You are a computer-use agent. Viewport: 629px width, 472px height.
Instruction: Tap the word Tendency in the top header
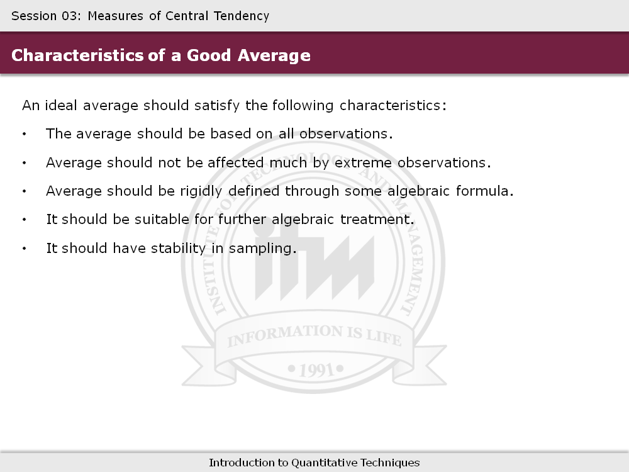pyautogui.click(x=242, y=17)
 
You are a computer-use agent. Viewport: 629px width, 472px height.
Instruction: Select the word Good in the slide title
pyautogui.click(x=209, y=55)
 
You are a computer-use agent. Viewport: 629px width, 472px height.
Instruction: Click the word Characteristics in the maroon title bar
pyautogui.click(x=77, y=55)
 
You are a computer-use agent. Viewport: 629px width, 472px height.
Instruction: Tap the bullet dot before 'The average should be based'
pyautogui.click(x=25, y=134)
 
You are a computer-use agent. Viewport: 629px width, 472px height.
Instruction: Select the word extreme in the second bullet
pyautogui.click(x=363, y=162)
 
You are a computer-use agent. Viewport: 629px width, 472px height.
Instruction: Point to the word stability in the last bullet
pyautogui.click(x=178, y=249)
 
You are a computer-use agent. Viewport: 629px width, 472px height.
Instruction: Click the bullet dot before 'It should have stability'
pyautogui.click(x=25, y=249)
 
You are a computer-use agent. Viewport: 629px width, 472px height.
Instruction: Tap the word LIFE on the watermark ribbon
pyautogui.click(x=384, y=337)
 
